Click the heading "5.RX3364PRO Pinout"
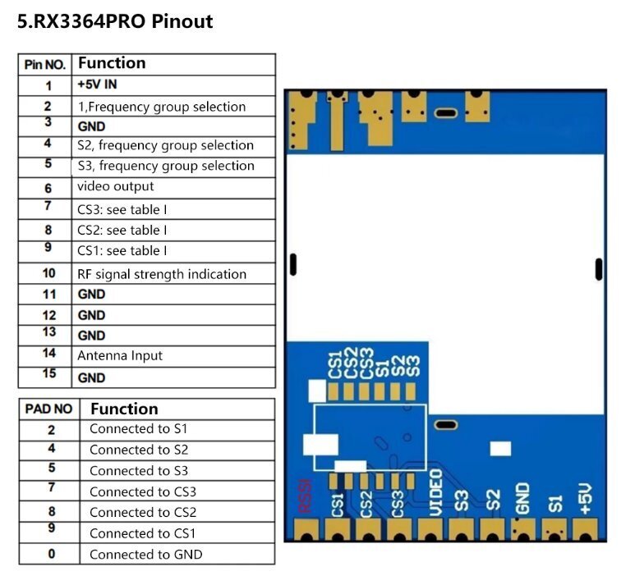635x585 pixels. click(x=115, y=21)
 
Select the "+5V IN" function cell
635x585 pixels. click(x=104, y=85)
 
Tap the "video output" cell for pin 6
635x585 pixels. click(x=116, y=186)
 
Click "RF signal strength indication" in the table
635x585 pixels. click(x=162, y=274)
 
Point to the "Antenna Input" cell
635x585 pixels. click(x=120, y=355)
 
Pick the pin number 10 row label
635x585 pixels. click(x=48, y=273)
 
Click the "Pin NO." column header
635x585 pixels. click(x=45, y=65)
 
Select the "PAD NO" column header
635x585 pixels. click(x=48, y=409)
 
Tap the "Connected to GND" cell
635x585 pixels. click(x=145, y=554)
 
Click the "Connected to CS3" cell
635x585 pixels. click(x=143, y=491)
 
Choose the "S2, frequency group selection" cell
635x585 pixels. click(x=165, y=145)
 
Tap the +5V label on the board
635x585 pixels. click(x=585, y=498)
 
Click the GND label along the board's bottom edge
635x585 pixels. click(x=523, y=497)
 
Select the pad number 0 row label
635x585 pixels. click(x=51, y=554)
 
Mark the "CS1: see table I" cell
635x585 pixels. click(x=122, y=250)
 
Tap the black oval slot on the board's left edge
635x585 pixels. click(x=292, y=265)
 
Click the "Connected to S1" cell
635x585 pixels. click(x=139, y=428)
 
